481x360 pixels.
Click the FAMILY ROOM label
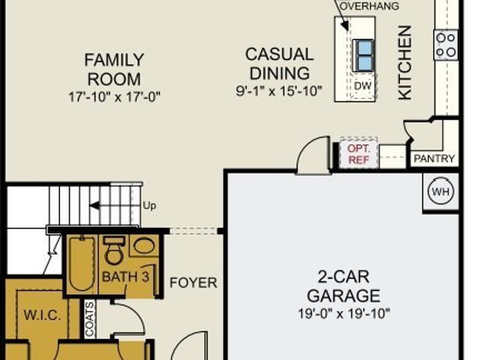tap(114, 70)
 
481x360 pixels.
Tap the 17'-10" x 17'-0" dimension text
tap(114, 97)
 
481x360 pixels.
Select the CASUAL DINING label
tap(280, 64)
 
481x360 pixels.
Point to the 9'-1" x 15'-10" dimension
tap(279, 91)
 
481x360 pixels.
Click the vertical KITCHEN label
tap(404, 62)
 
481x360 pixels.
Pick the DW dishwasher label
tap(362, 86)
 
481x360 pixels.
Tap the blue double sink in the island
tap(364, 56)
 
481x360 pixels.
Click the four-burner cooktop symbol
tap(446, 45)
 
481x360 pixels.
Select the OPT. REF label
tap(358, 154)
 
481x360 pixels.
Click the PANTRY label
tap(434, 159)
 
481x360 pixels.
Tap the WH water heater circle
tap(440, 192)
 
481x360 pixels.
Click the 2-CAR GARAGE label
tap(343, 286)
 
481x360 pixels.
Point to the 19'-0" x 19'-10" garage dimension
tap(344, 313)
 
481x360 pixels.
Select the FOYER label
tap(193, 283)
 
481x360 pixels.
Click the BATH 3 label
tap(126, 277)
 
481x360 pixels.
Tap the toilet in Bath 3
tap(114, 250)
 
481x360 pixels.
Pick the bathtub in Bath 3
tap(82, 264)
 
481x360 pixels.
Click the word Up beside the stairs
tap(150, 205)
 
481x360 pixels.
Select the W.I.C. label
tap(42, 315)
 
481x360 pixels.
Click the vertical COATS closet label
tap(89, 319)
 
